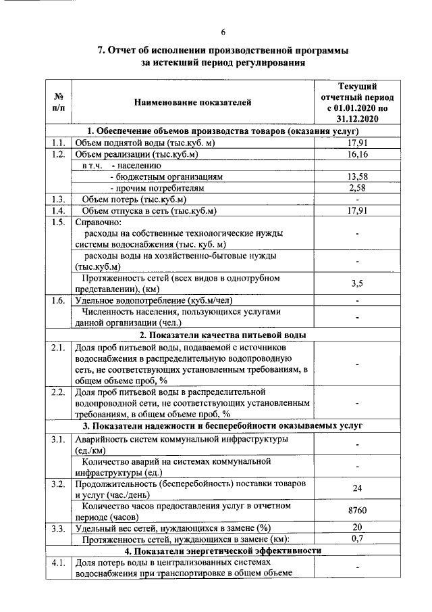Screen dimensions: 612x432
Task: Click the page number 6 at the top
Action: (x=223, y=32)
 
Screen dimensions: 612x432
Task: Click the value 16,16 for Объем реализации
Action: (x=357, y=154)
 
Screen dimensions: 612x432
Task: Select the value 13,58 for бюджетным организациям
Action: (x=357, y=176)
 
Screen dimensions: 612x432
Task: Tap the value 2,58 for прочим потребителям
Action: (x=357, y=187)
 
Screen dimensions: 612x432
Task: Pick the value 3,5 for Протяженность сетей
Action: (x=357, y=283)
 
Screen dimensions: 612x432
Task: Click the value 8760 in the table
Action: (x=357, y=512)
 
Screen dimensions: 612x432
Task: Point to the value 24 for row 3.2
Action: (x=357, y=489)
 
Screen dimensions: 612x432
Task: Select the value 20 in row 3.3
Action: (x=357, y=527)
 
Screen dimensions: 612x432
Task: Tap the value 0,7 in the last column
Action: (x=357, y=539)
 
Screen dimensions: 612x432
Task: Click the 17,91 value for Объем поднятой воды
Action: (x=357, y=143)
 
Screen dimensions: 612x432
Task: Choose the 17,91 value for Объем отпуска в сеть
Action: (x=357, y=210)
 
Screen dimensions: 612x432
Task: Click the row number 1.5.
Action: (x=57, y=222)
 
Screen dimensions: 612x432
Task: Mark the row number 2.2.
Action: (x=57, y=392)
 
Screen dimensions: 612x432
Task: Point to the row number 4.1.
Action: (x=57, y=562)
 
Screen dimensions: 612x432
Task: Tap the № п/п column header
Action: (x=58, y=102)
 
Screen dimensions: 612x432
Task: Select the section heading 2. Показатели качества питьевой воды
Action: (x=223, y=335)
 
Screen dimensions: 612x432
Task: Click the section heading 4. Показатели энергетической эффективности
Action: (x=223, y=550)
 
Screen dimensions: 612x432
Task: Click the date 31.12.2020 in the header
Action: (x=357, y=118)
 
